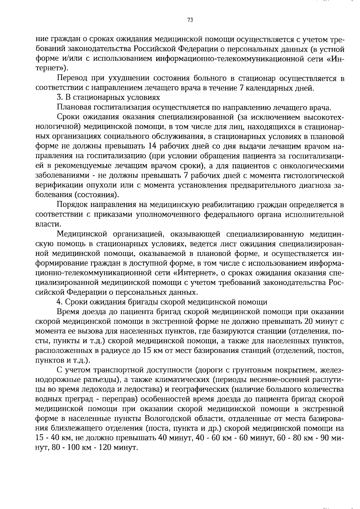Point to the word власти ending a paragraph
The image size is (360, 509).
pyautogui.click(x=46, y=224)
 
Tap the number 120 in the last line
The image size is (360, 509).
pyautogui.click(x=88, y=447)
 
